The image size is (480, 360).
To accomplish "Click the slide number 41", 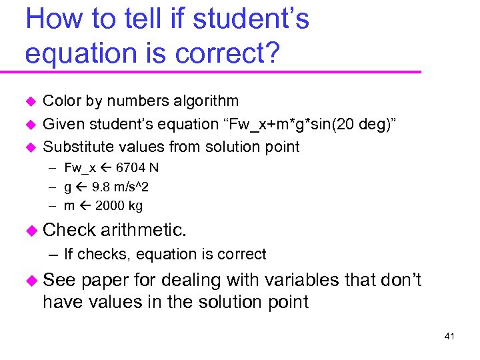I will [x=449, y=337].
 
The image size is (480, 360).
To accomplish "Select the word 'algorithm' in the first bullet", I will [x=203, y=101].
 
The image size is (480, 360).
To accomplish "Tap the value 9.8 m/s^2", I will [x=120, y=187].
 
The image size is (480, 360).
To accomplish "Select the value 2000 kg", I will [x=119, y=206].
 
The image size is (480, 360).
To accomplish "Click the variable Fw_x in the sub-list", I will [x=79, y=168].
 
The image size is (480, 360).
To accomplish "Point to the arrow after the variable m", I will [x=85, y=206].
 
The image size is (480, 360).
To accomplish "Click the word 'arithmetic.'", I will [x=144, y=231].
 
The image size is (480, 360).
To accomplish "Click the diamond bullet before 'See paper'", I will [x=31, y=281].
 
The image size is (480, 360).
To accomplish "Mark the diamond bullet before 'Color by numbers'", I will [x=29, y=102].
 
